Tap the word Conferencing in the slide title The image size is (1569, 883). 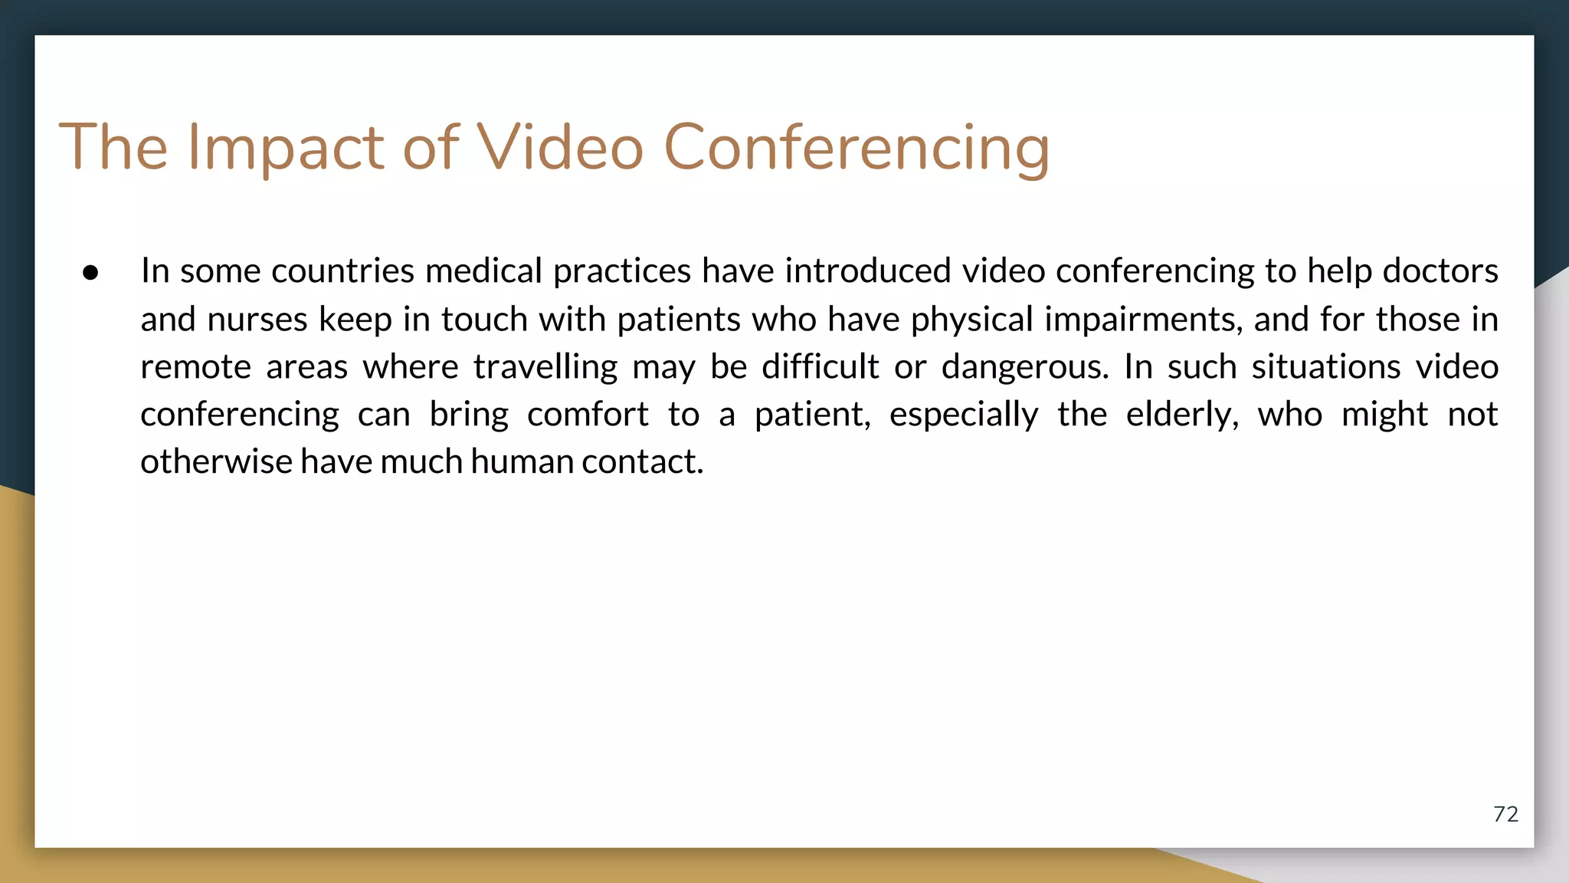[856, 147]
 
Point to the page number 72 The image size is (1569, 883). [1505, 814]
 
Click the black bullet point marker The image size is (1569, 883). [90, 273]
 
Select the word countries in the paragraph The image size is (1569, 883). [343, 271]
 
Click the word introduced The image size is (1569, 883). [868, 271]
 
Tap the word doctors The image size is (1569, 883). [1440, 271]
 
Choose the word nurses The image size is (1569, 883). [257, 319]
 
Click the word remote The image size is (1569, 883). [195, 366]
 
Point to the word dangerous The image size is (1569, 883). [1025, 366]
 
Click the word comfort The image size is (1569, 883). [588, 415]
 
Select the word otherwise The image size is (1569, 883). [216, 461]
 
